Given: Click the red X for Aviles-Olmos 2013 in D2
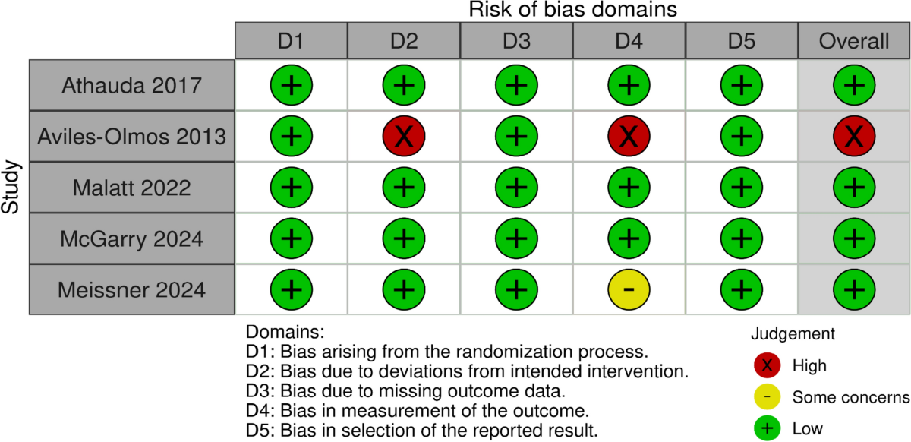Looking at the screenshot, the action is click(404, 136).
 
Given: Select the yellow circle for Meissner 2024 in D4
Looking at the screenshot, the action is click(629, 289).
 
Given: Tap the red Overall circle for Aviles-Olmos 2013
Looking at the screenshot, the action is click(854, 136).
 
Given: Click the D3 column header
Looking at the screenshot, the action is click(516, 41).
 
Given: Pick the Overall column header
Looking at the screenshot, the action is click(854, 41).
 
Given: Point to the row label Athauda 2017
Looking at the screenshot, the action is click(132, 86).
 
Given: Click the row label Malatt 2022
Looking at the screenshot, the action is click(132, 188).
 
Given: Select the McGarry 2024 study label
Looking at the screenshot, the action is click(132, 238).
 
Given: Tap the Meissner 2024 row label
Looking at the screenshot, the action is click(132, 290).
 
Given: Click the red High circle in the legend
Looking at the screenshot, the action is click(767, 365).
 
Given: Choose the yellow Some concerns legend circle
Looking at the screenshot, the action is click(767, 396).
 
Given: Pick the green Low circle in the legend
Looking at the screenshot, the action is click(767, 428).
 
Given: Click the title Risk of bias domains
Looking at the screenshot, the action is click(572, 9).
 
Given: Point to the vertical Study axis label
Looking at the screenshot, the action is click(10, 188).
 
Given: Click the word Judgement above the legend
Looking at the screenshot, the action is click(793, 333).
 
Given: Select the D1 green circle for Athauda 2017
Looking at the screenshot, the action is click(292, 85).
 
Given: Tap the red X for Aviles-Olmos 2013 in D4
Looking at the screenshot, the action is click(629, 136).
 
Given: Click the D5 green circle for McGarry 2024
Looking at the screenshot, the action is click(742, 238).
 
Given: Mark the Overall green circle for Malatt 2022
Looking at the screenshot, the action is click(854, 188).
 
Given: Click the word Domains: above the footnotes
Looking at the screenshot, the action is click(285, 332).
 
